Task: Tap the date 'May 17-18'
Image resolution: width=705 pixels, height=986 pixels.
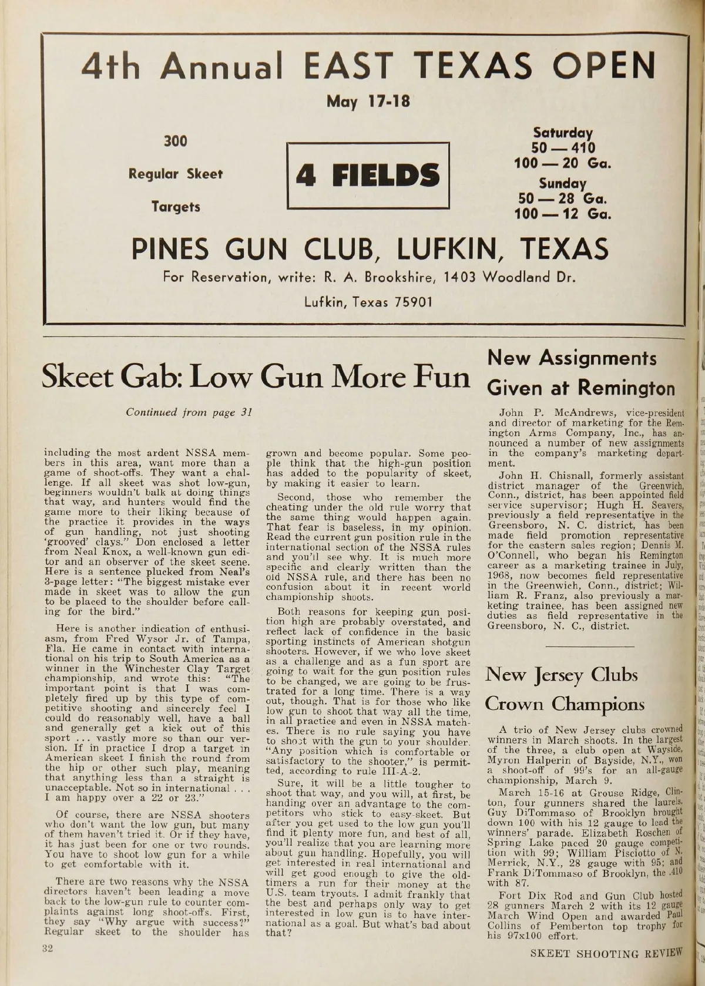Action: (x=368, y=102)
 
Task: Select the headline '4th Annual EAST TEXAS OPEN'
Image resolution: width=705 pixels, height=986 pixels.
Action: (x=368, y=65)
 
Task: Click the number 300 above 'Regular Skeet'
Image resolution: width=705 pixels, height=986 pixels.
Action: (x=175, y=142)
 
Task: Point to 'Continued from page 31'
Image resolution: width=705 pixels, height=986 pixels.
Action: (x=189, y=412)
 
